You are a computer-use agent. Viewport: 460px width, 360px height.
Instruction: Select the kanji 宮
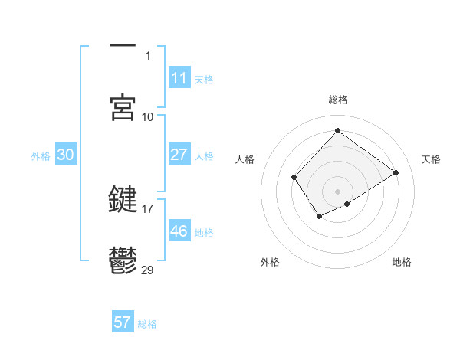(123, 108)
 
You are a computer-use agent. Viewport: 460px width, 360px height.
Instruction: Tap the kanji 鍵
(123, 199)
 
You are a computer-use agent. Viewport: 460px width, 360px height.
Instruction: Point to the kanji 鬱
(123, 261)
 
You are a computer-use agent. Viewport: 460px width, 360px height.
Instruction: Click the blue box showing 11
(179, 77)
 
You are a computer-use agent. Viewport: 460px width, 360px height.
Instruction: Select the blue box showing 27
(179, 155)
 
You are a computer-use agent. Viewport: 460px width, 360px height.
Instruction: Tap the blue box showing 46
(179, 231)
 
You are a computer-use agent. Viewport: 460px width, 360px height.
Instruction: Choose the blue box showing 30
(65, 155)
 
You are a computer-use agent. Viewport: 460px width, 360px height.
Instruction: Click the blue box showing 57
(123, 322)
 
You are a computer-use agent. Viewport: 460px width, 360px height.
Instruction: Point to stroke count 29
(148, 270)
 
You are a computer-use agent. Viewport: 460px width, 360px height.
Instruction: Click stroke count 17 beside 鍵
(148, 208)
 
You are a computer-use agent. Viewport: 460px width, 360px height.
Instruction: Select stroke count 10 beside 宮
(148, 116)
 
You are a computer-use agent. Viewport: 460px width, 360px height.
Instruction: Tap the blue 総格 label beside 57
(147, 324)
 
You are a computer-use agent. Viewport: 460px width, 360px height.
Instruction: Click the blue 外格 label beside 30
(41, 156)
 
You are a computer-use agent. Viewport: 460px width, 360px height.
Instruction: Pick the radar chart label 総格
(337, 100)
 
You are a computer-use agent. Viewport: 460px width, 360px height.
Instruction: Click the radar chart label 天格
(431, 159)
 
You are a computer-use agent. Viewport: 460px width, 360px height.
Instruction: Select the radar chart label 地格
(402, 262)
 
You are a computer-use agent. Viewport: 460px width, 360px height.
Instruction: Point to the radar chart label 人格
(245, 159)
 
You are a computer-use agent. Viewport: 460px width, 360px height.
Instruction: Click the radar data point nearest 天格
(396, 172)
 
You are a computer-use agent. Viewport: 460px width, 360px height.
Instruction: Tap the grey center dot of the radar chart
(337, 191)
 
